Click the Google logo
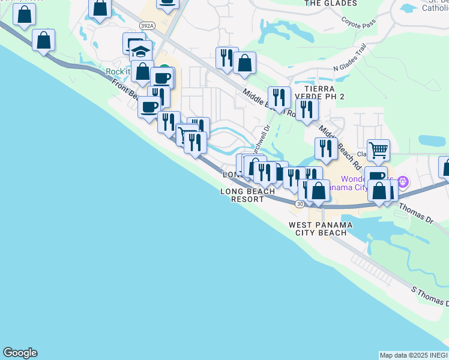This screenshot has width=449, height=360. pos(20,353)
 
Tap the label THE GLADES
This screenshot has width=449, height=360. pos(331,4)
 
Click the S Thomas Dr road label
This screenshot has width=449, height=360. pos(429,296)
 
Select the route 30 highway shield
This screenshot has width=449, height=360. pos(300,204)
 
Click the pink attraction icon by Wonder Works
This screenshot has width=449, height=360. pos(403,180)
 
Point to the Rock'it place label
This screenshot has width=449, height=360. pos(118,71)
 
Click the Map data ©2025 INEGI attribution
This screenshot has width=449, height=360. pos(414,355)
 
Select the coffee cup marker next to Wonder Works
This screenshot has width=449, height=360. pos(376,175)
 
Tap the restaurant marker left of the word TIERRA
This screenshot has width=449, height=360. pos(279,95)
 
